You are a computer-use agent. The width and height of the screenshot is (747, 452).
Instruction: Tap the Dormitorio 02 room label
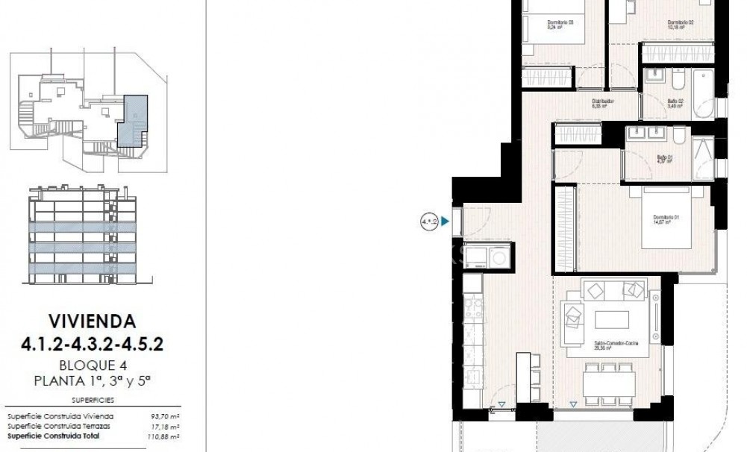point(681,23)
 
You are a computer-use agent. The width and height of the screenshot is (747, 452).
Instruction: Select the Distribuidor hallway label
point(603,103)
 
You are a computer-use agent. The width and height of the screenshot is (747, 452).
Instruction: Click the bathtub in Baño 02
point(704,95)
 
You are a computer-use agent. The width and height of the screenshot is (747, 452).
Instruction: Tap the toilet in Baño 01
point(679,136)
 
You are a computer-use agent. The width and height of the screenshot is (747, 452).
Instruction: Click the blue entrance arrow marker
point(446,222)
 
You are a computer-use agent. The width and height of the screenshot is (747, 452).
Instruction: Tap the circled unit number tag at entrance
point(429,222)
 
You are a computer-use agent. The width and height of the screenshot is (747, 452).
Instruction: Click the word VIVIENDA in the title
point(92,322)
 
